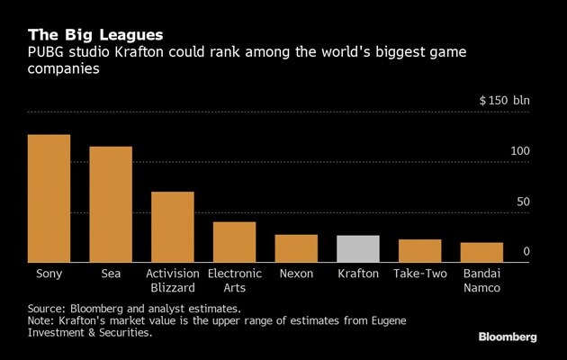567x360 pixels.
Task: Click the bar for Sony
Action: [x=49, y=199]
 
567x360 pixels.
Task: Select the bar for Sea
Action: [x=111, y=204]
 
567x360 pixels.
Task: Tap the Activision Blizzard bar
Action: [x=173, y=227]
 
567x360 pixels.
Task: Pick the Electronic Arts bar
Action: [x=234, y=242]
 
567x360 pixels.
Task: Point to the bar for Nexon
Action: [x=296, y=248]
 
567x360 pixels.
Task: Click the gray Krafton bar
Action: [x=358, y=249]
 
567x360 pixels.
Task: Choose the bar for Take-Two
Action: [x=420, y=251]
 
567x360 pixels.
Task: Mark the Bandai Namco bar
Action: [x=481, y=252]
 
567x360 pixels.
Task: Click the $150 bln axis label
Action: [x=505, y=100]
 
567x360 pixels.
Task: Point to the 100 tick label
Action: [x=520, y=151]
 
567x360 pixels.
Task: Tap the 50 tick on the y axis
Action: [x=523, y=202]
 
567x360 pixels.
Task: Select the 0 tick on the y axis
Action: [x=526, y=252]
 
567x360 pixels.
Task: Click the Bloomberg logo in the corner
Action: [x=508, y=337]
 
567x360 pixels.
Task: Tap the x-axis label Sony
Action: [x=49, y=274]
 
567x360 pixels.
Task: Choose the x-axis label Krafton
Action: [x=358, y=274]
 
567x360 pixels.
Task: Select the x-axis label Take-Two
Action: [x=420, y=274]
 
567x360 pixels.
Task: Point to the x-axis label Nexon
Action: [x=296, y=274]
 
